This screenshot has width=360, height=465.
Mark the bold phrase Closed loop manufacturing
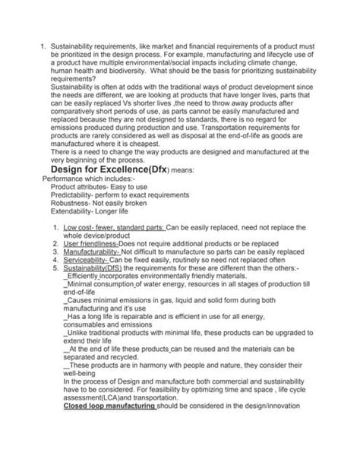(x=110, y=405)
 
